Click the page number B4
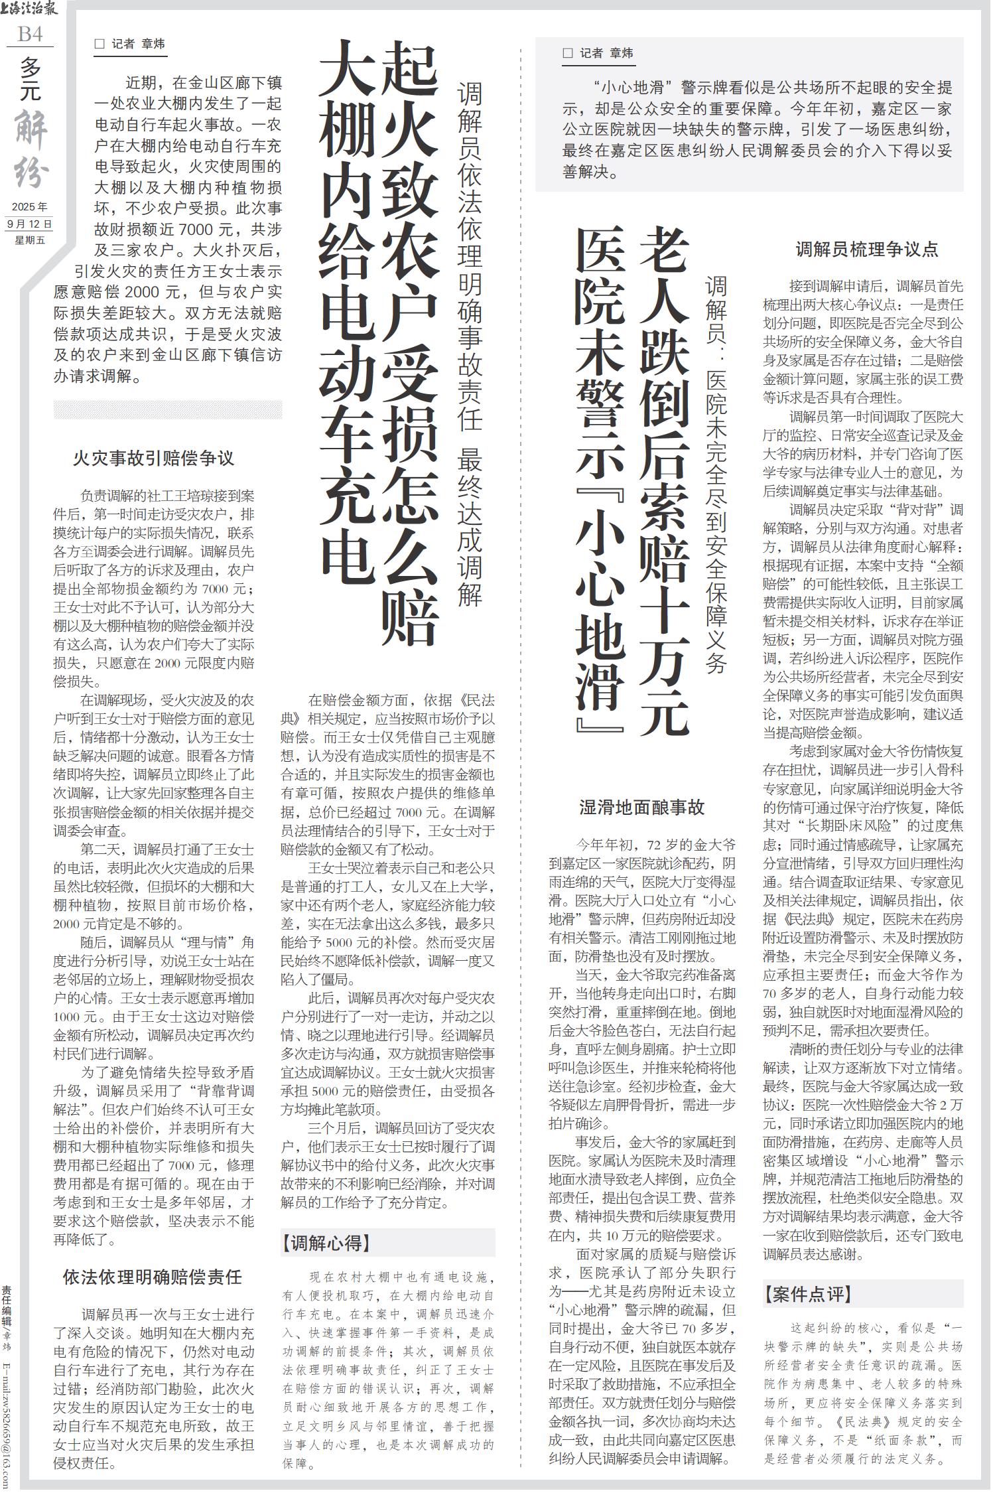[x=30, y=34]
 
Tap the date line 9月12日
[x=30, y=224]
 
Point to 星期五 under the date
[x=30, y=240]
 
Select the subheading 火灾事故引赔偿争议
[x=153, y=459]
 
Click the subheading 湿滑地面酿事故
[x=641, y=807]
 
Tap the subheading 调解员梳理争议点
[x=867, y=249]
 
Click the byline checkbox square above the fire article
[x=100, y=44]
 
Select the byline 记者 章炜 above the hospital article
[x=606, y=53]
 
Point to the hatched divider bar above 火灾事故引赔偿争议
[x=168, y=409]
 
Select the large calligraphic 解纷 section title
[x=32, y=149]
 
